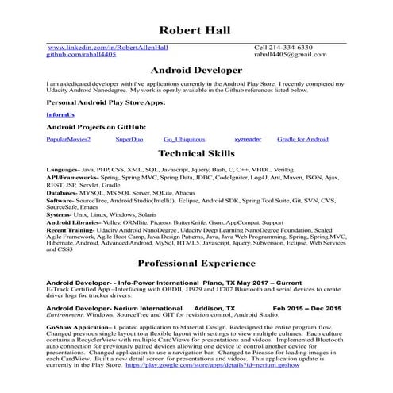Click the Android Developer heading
point(196,70)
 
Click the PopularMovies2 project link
point(68,140)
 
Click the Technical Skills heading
point(196,154)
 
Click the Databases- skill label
point(63,193)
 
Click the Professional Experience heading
point(196,262)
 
